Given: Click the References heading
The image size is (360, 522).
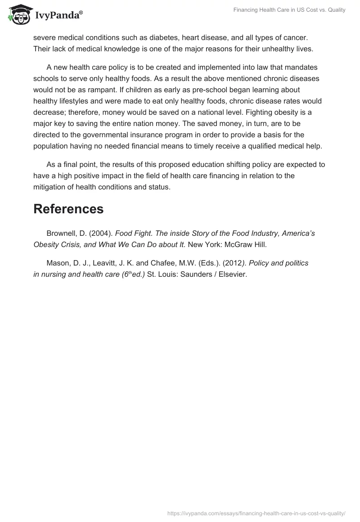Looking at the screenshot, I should pos(68,209).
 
